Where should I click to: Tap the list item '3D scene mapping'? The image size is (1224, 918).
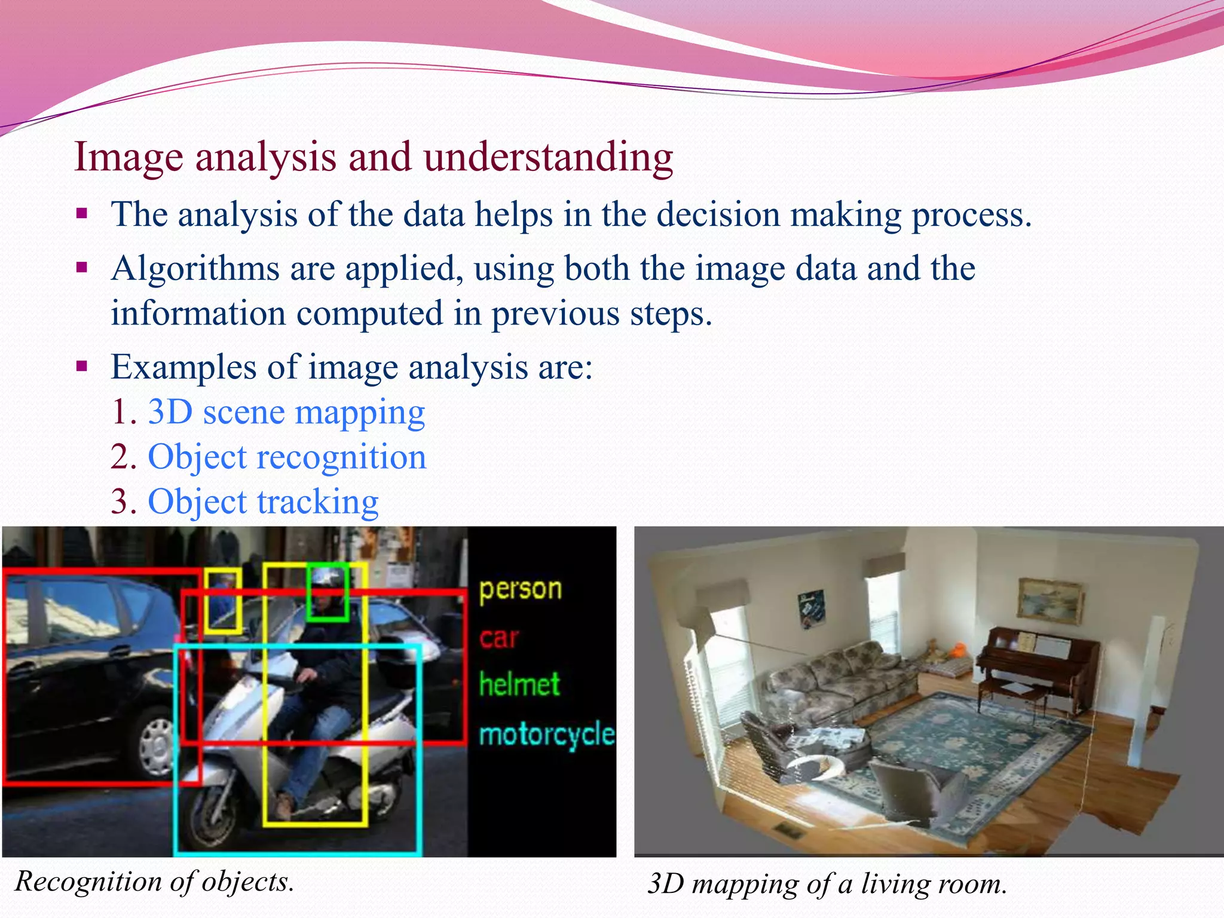(286, 412)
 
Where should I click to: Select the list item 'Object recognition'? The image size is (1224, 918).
(287, 457)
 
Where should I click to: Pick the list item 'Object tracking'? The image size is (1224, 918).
(263, 502)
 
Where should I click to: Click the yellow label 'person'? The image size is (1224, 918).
(520, 589)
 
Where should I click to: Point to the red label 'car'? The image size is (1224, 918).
(499, 638)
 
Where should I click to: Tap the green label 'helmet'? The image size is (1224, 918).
(519, 684)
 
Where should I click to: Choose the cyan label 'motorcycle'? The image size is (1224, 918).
(546, 735)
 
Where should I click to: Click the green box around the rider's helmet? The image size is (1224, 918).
(327, 592)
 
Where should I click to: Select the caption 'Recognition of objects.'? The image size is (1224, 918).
(155, 882)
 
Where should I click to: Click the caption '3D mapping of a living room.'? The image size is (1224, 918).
(827, 884)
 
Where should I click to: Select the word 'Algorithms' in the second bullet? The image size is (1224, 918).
(195, 268)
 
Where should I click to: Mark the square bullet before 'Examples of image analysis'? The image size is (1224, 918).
(82, 366)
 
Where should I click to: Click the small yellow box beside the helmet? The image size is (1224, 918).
(223, 601)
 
